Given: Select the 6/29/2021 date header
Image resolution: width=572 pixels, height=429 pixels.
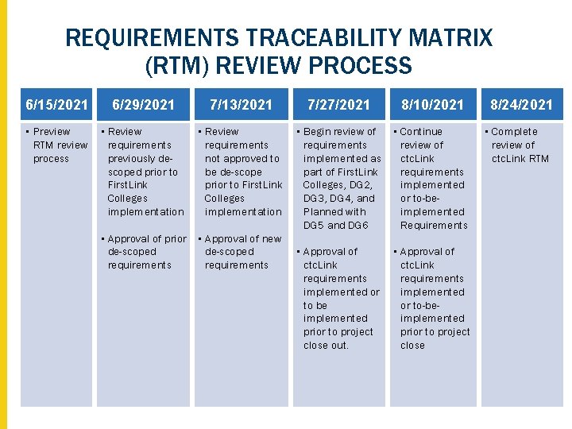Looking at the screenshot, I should point(143,105).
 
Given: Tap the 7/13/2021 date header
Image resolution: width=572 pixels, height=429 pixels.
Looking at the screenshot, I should point(241,105).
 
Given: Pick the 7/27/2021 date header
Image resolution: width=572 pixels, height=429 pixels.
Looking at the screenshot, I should point(338,105).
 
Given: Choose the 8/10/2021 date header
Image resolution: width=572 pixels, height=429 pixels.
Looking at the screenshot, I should point(432,105).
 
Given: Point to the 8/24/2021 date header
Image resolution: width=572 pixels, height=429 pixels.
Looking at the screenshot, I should point(521,105).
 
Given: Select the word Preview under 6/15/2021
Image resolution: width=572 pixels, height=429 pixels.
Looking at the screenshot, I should point(52,132).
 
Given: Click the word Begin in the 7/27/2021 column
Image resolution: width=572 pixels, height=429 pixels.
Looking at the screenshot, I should point(318,132).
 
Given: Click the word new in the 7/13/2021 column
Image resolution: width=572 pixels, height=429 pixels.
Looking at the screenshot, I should point(271,238).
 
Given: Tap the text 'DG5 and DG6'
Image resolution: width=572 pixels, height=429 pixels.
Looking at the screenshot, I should point(336,226).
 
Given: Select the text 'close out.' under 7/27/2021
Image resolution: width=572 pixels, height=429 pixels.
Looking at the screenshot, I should point(326,346).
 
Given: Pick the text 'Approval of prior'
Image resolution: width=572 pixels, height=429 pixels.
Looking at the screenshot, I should point(147,238).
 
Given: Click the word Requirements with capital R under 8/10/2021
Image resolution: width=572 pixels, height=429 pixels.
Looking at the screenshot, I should point(434,226).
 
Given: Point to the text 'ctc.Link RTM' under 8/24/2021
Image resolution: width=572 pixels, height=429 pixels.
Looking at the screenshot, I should point(520,159).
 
